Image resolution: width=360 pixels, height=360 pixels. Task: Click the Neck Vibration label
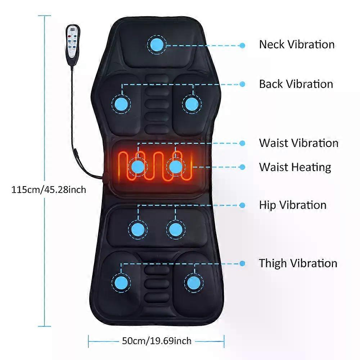(x=297, y=44)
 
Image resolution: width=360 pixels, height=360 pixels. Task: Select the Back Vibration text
(x=296, y=84)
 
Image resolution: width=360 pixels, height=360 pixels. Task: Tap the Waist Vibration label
(x=298, y=143)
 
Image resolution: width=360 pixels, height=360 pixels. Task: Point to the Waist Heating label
(x=295, y=167)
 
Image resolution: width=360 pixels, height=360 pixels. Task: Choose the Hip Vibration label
(x=292, y=205)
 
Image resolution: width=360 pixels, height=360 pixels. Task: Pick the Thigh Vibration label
(x=298, y=264)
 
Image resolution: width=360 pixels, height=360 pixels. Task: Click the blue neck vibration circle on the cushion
(x=157, y=45)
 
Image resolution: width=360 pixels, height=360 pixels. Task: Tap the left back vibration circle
(x=121, y=104)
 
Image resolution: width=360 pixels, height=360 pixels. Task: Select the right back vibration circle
(x=192, y=104)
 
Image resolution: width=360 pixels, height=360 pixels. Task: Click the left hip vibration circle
(x=138, y=229)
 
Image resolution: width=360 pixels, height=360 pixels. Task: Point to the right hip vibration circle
(x=175, y=229)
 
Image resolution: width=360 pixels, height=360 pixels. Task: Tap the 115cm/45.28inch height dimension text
(x=49, y=190)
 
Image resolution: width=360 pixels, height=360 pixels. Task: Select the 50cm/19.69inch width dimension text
(x=157, y=341)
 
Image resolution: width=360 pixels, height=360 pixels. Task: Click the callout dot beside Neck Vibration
(x=242, y=45)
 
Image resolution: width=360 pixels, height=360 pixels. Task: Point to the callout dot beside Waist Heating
(x=242, y=167)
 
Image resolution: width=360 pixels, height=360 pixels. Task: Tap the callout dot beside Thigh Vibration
(x=242, y=264)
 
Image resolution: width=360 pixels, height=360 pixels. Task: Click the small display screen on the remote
(x=73, y=30)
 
